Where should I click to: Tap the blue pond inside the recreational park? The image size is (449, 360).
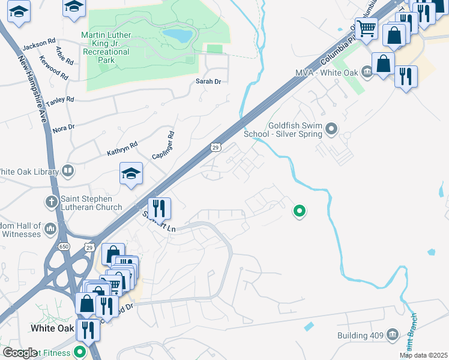[178, 36]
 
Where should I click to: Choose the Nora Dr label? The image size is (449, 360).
[63, 128]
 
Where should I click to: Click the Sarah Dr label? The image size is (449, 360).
[208, 81]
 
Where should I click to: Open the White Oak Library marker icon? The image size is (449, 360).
[68, 172]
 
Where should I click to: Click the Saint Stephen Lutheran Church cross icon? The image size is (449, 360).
[50, 200]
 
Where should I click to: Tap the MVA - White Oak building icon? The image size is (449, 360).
[366, 73]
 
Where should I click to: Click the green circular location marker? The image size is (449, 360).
[299, 211]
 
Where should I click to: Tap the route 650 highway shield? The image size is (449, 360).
[64, 247]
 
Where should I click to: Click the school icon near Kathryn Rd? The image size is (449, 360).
[131, 174]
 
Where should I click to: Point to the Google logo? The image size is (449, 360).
[19, 353]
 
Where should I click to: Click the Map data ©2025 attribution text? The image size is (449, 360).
[424, 355]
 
